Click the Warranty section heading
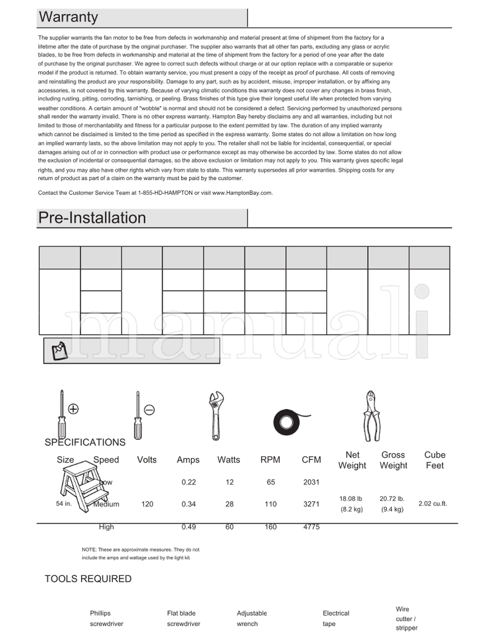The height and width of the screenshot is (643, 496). (68, 17)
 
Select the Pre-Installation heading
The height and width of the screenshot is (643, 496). (92, 218)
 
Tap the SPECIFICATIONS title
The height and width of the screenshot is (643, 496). (85, 443)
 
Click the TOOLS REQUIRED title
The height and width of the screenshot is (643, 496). (88, 579)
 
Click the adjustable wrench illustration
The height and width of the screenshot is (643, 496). (216, 415)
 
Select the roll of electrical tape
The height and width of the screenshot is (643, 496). (288, 422)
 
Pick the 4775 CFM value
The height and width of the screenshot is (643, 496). (311, 527)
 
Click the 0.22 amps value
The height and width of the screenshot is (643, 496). (188, 482)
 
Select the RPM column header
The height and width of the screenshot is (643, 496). (270, 460)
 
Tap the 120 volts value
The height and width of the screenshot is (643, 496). (147, 505)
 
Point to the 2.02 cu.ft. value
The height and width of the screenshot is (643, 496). (433, 504)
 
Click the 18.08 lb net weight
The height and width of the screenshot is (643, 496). (352, 498)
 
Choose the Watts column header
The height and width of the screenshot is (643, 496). (229, 460)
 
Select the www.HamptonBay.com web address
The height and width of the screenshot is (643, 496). (242, 193)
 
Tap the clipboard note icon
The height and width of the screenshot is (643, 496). (59, 350)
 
